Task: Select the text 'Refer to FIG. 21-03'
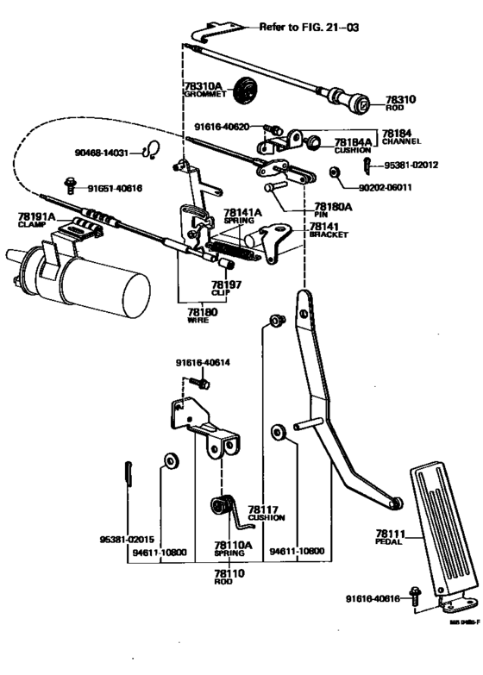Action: click(309, 27)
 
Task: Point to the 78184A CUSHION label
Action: click(353, 145)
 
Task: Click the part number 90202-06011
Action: click(386, 186)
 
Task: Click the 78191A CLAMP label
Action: click(35, 219)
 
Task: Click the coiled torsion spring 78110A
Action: click(224, 506)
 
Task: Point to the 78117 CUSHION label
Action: click(266, 513)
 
